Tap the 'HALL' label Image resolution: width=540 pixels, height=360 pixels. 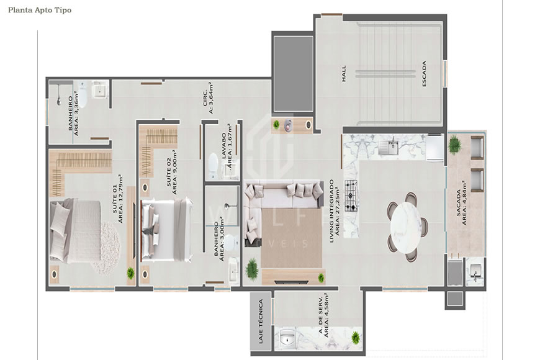[x=343, y=74]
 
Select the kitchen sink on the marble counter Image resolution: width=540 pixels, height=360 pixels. [x=390, y=146]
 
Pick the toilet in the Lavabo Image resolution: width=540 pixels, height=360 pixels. [x=212, y=164]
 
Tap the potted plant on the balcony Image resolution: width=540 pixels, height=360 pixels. [x=455, y=144]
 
